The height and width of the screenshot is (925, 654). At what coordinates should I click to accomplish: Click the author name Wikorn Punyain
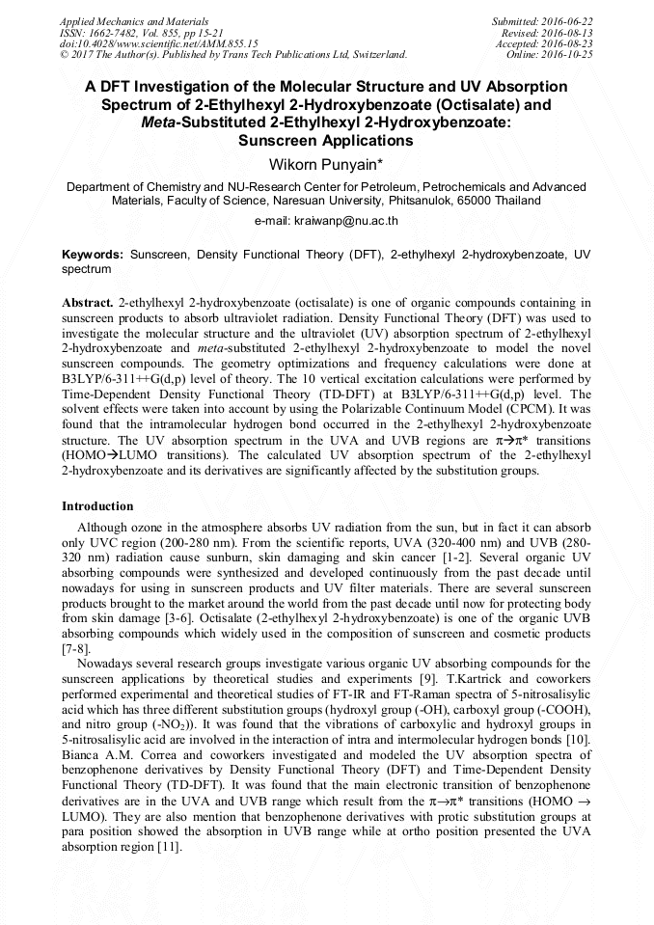click(326, 164)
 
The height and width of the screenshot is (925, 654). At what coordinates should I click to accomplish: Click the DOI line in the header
click(159, 43)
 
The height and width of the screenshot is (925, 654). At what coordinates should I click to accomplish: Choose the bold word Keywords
click(92, 255)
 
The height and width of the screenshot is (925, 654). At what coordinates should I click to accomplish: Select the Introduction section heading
click(97, 506)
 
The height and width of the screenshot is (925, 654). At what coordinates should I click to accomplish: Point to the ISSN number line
click(139, 32)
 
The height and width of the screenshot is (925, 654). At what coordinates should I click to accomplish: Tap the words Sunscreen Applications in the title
click(326, 141)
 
